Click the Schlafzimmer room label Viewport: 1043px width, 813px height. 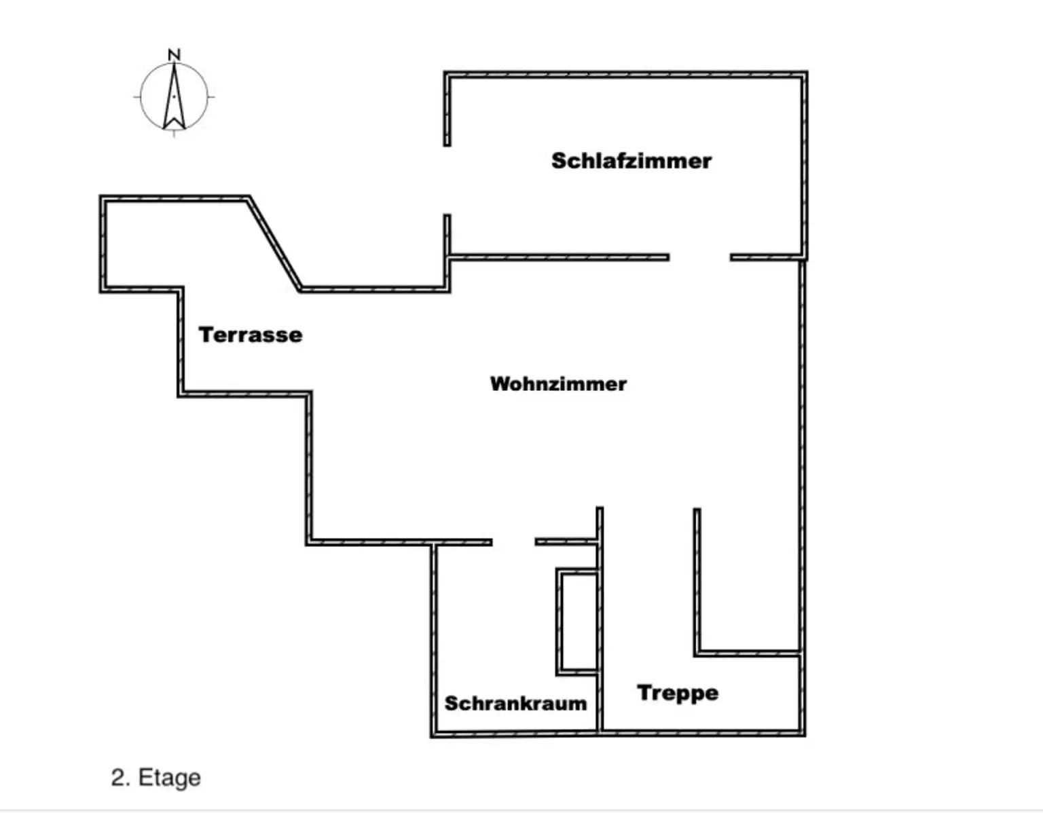[x=631, y=161]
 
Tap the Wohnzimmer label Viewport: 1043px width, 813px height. [x=558, y=384]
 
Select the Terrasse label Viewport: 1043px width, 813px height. [x=251, y=335]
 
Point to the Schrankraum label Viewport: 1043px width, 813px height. [x=515, y=703]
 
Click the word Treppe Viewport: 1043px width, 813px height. [x=678, y=693]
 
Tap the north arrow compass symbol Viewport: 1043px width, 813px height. [x=175, y=97]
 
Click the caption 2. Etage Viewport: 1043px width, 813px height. [x=155, y=777]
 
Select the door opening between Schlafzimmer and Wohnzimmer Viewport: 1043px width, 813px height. [x=699, y=257]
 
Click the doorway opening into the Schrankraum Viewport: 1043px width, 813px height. [x=513, y=542]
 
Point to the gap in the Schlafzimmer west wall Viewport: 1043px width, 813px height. [x=447, y=180]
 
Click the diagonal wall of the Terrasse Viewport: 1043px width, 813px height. [x=275, y=244]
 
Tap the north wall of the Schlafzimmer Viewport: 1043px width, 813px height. [x=625, y=74]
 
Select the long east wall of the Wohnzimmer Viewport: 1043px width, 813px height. [x=802, y=455]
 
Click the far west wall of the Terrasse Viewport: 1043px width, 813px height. [x=103, y=244]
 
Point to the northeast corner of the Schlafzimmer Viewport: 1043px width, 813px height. [x=804, y=74]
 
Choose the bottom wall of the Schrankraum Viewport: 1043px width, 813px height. [x=515, y=734]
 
